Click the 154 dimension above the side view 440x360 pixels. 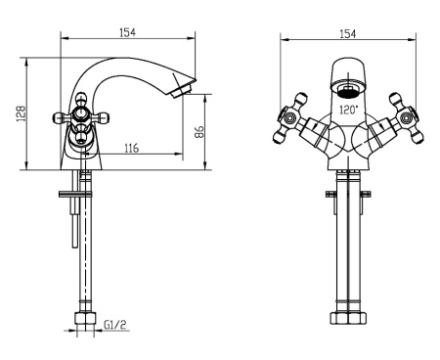click(x=127, y=32)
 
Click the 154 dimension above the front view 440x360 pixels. click(x=348, y=34)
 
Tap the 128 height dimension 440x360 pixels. click(x=21, y=113)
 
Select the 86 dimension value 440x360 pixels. click(x=198, y=132)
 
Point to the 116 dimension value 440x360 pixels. click(x=132, y=148)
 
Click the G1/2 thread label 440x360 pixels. click(x=114, y=325)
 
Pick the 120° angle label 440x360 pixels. click(x=348, y=110)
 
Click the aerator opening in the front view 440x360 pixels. click(x=348, y=90)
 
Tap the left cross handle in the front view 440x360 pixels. click(x=290, y=118)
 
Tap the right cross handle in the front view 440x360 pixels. click(x=407, y=118)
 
